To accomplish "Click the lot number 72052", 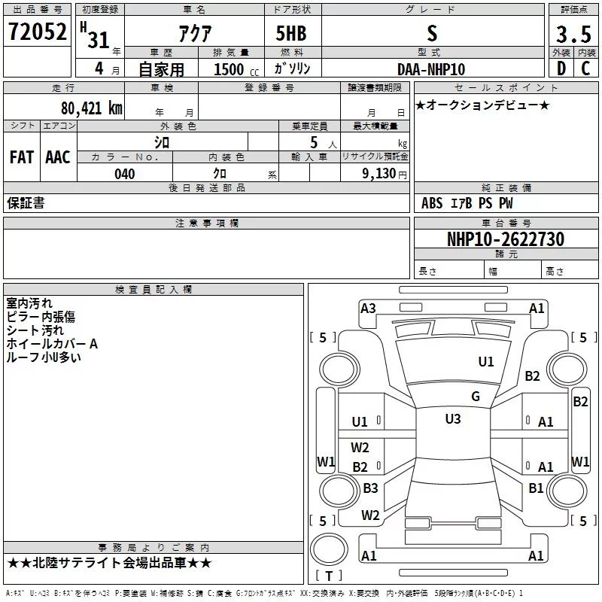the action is tap(38, 32).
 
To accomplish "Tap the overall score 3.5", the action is tap(572, 35).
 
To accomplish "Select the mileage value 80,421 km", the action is tap(91, 108).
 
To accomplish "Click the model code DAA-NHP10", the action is tap(431, 69).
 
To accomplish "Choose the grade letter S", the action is tap(431, 33).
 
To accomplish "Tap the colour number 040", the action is tap(124, 174).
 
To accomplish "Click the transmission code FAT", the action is tap(21, 157).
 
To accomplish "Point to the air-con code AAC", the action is tap(58, 157).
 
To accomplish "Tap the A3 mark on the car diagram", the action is tap(368, 308).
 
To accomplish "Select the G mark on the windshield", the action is tap(475, 397).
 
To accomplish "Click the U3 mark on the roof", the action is tap(452, 419).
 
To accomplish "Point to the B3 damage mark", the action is tap(370, 488).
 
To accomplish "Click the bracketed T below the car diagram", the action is tap(328, 576).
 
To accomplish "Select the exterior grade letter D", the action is tap(561, 68).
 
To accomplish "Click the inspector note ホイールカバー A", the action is tap(52, 344).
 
